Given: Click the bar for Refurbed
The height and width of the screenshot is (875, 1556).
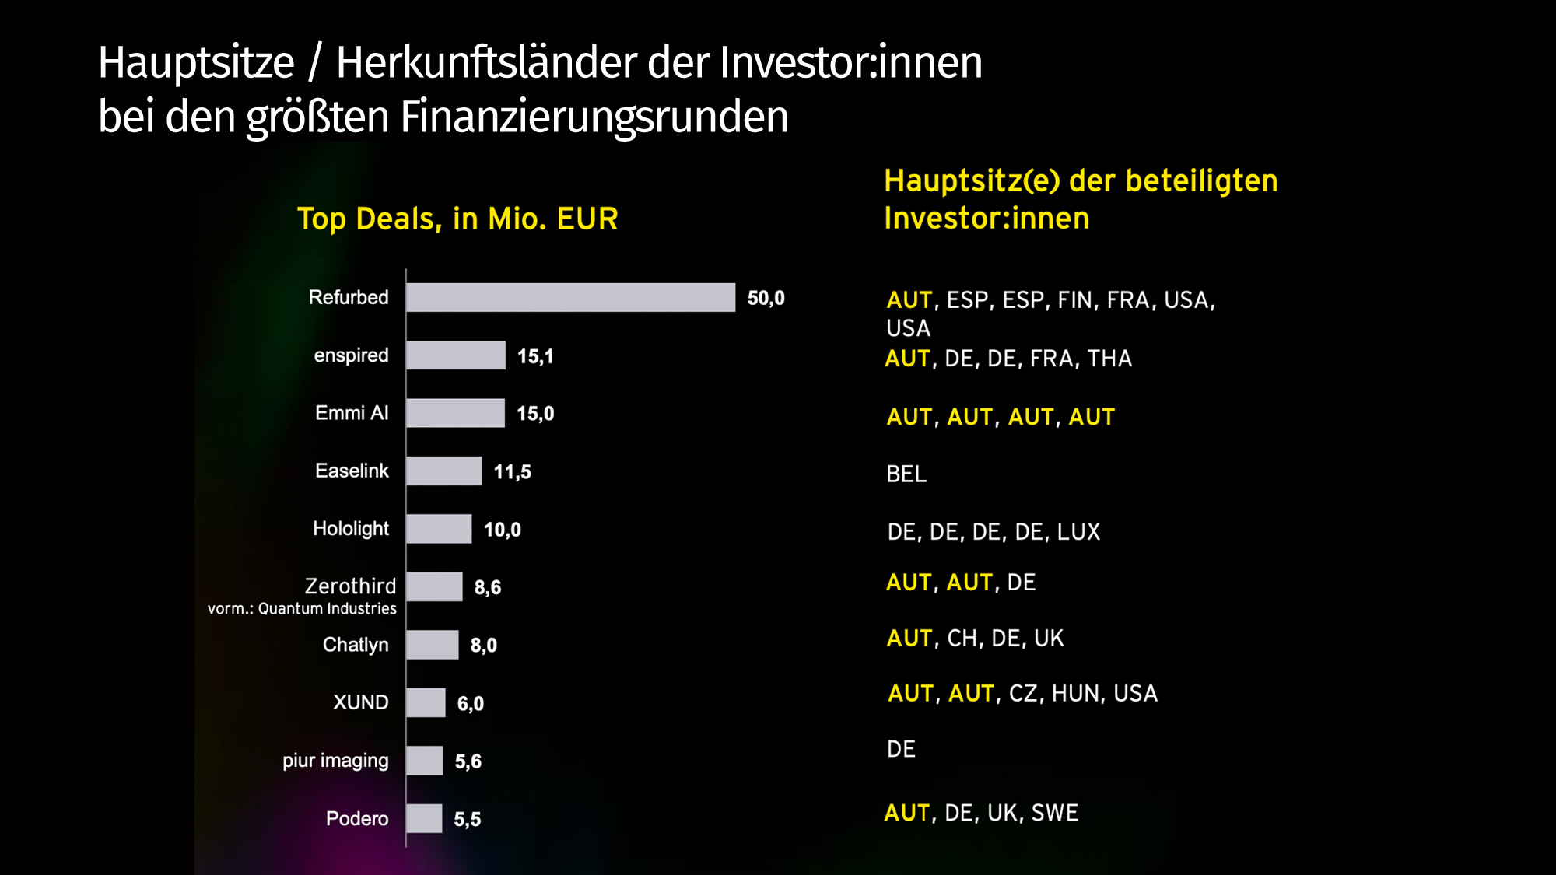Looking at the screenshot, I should point(570,297).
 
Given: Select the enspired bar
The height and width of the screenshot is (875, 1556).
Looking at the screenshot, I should point(455,355).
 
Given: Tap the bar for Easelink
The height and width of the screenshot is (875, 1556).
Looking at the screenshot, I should point(443,471).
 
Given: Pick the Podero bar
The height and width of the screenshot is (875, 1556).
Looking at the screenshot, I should point(424,818).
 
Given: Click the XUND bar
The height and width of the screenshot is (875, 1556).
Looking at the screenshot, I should point(426,702).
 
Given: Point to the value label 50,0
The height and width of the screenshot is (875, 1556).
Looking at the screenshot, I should point(766,298).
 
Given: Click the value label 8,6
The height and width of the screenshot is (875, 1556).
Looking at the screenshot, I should point(488,587).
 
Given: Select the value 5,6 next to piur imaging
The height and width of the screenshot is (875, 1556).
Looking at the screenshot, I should point(468,761).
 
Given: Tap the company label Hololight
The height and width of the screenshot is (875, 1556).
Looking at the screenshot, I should point(350,529).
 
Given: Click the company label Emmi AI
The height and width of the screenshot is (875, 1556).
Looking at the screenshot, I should point(351,413).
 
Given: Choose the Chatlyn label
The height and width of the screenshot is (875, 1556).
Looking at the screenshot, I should point(355,645).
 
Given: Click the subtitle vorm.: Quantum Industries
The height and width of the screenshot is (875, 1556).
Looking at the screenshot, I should point(302,608).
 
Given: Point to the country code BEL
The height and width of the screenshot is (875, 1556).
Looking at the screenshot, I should point(906,474).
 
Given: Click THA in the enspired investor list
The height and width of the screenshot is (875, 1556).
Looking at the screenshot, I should point(1109,359).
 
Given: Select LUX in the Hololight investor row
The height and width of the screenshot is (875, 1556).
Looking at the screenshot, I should point(1078,532).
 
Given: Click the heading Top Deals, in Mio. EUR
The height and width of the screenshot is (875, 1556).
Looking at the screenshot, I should point(457,219).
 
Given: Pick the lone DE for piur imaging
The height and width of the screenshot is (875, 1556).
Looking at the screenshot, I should point(901,749).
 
